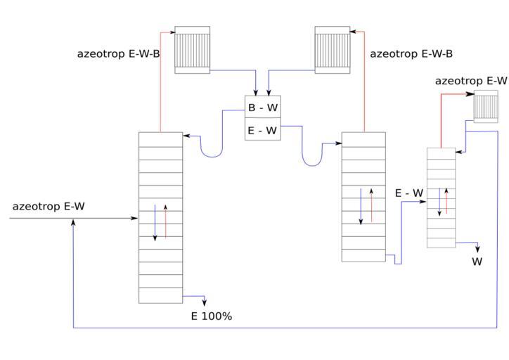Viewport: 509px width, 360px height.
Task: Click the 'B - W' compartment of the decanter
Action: pos(262,108)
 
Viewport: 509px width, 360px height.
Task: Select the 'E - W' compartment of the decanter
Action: pos(262,130)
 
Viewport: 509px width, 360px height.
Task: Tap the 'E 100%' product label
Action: pos(212,316)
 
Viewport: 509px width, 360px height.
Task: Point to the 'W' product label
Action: pos(477,262)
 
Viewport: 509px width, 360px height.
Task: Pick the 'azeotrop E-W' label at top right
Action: pos(471,81)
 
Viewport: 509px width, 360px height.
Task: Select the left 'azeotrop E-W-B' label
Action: pos(118,53)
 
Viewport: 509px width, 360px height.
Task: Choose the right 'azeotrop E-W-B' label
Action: pos(411,53)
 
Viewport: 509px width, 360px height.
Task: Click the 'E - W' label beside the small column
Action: pos(409,193)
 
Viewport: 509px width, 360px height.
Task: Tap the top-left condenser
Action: pos(192,49)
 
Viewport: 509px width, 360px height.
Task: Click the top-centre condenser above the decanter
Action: pos(333,49)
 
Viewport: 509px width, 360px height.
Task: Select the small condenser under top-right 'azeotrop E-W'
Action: pos(485,106)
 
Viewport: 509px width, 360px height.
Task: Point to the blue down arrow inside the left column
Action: pos(155,222)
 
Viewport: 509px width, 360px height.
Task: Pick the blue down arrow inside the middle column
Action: pos(361,205)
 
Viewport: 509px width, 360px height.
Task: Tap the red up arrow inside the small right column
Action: pos(446,201)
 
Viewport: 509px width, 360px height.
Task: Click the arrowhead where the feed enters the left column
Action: pos(135,219)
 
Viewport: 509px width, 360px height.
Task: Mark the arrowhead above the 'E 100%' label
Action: pos(205,303)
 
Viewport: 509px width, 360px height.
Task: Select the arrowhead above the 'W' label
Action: pos(477,250)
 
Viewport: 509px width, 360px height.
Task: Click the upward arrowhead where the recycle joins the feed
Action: pos(74,223)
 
